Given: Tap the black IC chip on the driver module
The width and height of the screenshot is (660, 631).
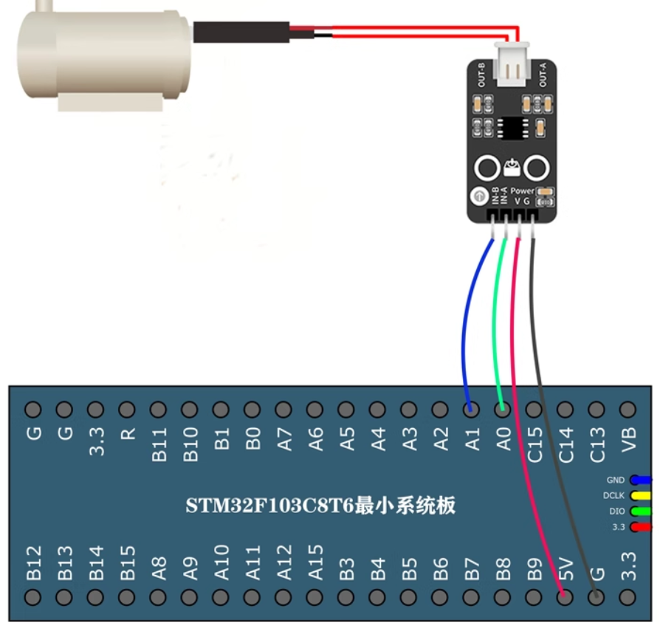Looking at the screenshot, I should point(511,127).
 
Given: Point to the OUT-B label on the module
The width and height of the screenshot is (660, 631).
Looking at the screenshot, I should point(481,76).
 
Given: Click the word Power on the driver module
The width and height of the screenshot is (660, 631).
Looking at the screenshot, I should point(522,190).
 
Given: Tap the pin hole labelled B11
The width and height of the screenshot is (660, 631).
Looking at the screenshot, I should point(158,409).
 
